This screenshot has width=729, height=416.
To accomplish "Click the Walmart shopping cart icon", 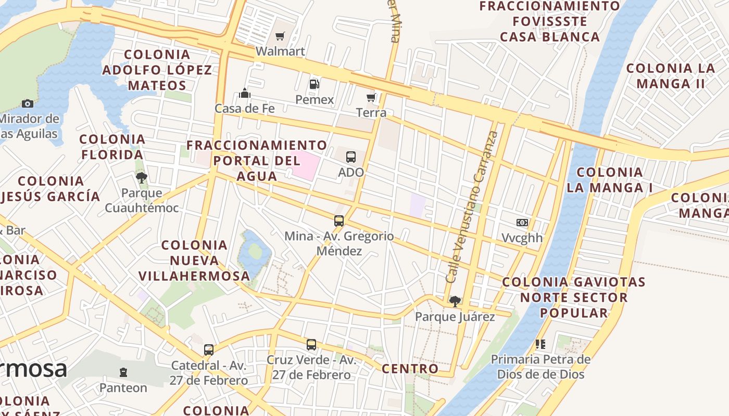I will coord(280,36).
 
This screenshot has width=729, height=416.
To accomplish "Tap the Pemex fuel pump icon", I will coord(314,84).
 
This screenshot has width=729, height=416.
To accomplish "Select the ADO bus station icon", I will coord(351,157).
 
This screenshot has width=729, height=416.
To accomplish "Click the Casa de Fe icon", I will coord(245,94).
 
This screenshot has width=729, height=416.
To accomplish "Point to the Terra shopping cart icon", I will coord(371,98).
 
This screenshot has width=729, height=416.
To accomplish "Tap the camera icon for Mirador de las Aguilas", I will coord(28,104).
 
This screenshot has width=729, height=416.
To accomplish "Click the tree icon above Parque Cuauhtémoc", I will coord(141,178).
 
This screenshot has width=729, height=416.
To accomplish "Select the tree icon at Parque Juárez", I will coord(455,301).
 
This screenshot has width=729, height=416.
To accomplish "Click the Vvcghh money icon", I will coord(522,223).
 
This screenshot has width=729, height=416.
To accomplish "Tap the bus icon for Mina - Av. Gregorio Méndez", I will coord(339,221).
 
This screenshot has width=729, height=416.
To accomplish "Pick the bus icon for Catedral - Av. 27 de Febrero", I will coord(209,349).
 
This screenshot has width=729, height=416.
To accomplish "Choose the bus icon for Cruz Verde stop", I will coord(311,344).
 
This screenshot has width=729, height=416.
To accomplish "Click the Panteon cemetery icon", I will coord(123,372).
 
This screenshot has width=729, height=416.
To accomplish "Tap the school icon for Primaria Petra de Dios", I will coord(541,344).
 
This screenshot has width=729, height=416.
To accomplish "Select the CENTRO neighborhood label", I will coord(410,369).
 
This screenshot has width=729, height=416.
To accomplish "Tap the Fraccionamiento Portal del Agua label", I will coord(257,160).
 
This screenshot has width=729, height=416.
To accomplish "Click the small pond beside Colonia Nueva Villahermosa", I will coord(255,252).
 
